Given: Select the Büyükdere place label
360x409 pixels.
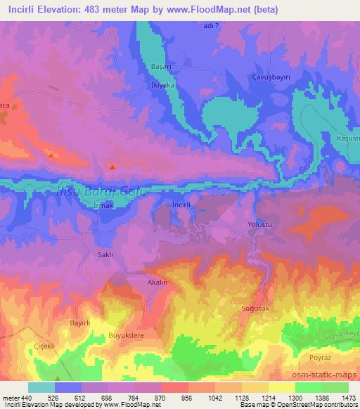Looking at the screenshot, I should pyautogui.click(x=125, y=337).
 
